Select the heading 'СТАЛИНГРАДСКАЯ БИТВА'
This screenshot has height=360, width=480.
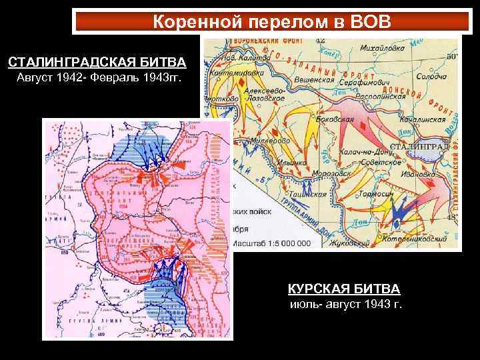tap(97, 63)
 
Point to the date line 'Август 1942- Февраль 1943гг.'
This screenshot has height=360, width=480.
tap(97, 79)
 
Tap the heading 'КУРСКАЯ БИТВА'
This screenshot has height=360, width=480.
tap(344, 289)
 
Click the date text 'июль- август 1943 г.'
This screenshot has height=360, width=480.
tap(345, 305)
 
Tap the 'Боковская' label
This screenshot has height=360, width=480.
tap(333, 120)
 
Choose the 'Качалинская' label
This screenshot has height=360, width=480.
tap(422, 120)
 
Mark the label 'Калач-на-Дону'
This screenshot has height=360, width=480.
tap(364, 152)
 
